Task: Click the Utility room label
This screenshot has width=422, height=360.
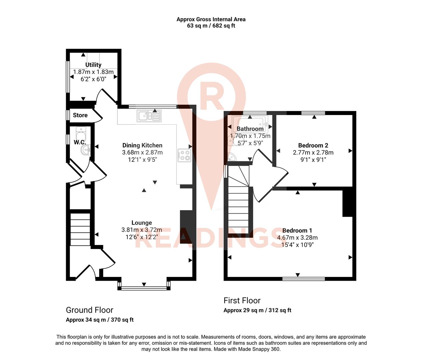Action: (93, 65)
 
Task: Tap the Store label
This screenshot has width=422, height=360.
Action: (80, 115)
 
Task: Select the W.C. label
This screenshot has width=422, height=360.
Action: (80, 142)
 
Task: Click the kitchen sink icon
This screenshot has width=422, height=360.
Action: (149, 116)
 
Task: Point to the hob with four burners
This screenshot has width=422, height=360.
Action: (184, 155)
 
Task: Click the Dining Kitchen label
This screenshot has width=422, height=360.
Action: (142, 145)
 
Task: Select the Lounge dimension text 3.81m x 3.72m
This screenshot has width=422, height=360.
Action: (142, 230)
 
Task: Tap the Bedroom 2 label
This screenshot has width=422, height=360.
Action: (313, 145)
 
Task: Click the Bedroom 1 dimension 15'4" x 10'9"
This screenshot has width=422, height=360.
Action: (297, 245)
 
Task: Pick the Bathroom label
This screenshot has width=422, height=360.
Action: (250, 129)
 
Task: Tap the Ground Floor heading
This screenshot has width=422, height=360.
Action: (89, 310)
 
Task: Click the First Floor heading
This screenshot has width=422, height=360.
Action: (242, 300)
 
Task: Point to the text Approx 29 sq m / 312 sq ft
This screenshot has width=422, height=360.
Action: (257, 310)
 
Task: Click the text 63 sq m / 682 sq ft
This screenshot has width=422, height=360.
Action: (211, 26)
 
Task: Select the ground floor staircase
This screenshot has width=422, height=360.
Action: (80, 229)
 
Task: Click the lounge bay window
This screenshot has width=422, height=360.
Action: (144, 288)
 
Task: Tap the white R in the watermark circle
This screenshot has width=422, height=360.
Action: (211, 97)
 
